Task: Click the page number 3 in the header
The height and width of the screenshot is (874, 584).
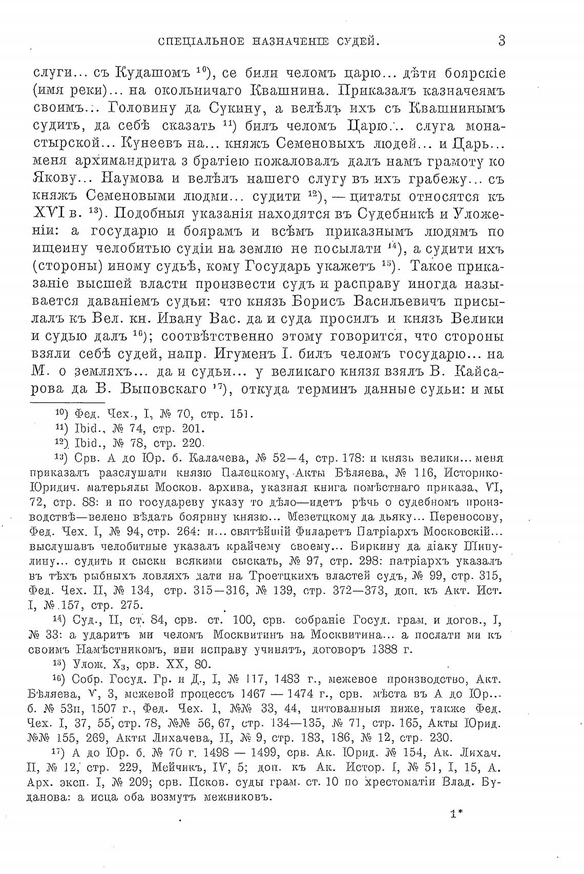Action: coord(502,40)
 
